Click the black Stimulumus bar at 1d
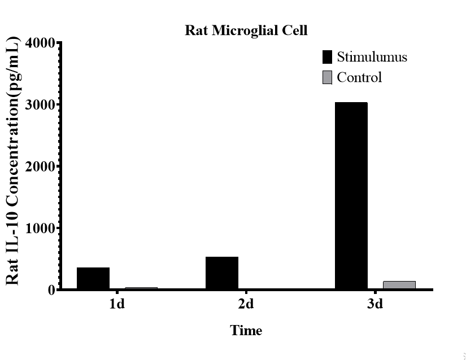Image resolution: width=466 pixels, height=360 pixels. [x=93, y=278]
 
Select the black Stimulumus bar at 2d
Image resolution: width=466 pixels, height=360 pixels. [x=222, y=273]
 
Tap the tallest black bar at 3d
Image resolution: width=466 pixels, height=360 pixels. [x=351, y=196]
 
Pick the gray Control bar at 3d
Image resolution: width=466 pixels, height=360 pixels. [x=399, y=285]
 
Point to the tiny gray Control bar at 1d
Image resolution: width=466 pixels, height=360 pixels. [x=141, y=288]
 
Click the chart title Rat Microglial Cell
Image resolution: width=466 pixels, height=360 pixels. [x=246, y=30]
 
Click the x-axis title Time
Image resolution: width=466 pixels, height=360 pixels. [x=246, y=330]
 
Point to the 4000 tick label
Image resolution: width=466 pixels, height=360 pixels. [x=40, y=43]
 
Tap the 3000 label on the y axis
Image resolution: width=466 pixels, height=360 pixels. [x=40, y=105]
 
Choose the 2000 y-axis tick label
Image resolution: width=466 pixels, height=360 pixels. [x=40, y=166]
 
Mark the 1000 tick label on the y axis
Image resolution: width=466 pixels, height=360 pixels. [x=40, y=229]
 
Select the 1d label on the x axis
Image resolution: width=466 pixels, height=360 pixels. [x=117, y=305]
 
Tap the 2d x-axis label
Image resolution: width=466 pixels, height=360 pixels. [x=246, y=305]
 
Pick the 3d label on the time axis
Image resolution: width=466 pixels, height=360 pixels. [x=374, y=305]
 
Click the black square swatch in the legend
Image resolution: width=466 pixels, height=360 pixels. [x=327, y=57]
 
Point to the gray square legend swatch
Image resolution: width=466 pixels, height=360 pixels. [x=327, y=77]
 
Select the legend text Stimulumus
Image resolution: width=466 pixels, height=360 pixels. [x=372, y=57]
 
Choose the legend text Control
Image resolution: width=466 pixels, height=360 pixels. [x=359, y=77]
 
